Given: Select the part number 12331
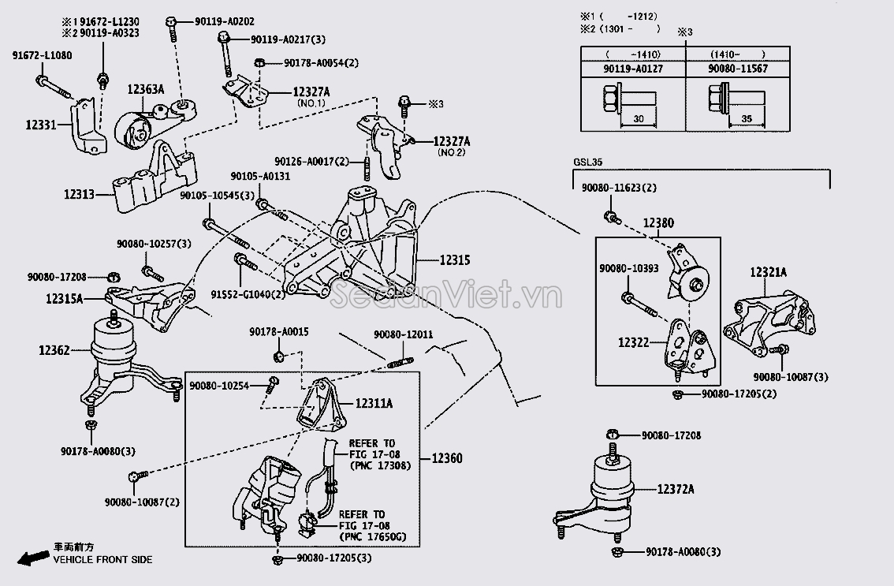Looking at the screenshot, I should coord(40,125).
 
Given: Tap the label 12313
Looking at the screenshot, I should coord(80,193).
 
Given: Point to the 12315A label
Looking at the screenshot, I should coord(64,299).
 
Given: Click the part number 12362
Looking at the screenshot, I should coord(54,349).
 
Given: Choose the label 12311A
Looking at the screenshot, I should coord(374,403).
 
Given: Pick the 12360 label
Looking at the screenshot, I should coord(447,458).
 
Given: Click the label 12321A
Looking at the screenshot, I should coord(768,272).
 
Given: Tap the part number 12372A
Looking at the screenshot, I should coord(676,490).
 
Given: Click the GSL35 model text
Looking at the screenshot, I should coord(589,163).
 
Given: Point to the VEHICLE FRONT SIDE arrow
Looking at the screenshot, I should coord(32,558).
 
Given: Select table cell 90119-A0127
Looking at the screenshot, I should coord(632,69).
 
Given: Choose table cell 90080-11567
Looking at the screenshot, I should coord(737,69).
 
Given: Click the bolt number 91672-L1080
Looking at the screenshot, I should coord(42,55).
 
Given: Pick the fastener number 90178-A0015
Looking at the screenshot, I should coord(279,333).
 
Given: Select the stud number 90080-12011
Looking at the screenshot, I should coord(403,335).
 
